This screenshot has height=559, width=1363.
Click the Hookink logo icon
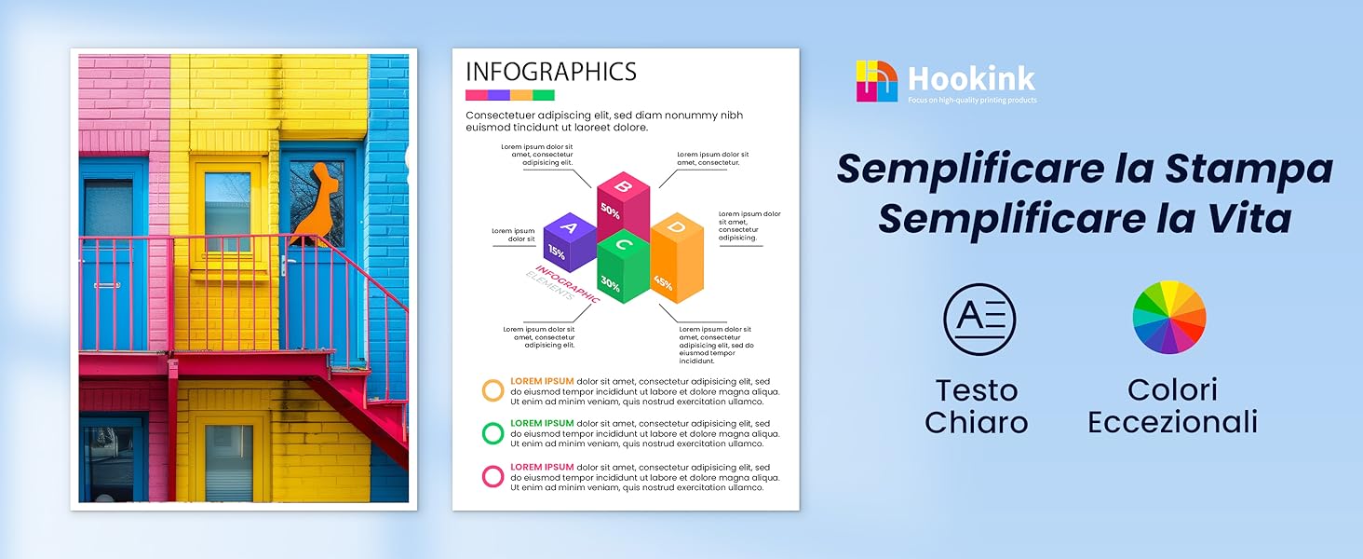(877, 81)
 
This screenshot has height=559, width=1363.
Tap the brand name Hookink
(972, 78)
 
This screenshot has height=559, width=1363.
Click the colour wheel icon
(1169, 318)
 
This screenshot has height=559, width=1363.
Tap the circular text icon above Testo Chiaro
(979, 320)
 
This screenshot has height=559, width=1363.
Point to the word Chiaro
(976, 422)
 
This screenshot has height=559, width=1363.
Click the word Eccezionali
(1172, 422)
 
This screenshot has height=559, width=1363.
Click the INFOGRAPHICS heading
(550, 72)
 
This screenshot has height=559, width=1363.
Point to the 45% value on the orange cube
(663, 281)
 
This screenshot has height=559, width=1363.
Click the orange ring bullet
(493, 389)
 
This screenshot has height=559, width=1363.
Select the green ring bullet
(493, 432)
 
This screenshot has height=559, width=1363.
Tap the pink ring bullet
(493, 476)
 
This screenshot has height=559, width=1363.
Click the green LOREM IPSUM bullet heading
(542, 424)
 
